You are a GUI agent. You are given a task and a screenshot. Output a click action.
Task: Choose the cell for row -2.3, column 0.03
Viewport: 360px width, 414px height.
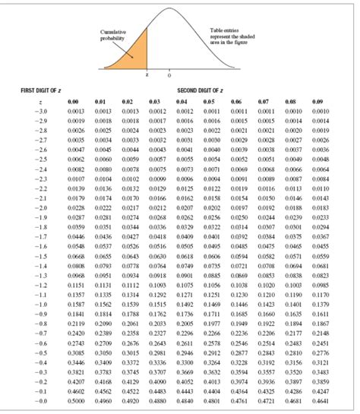coord(158,179)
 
